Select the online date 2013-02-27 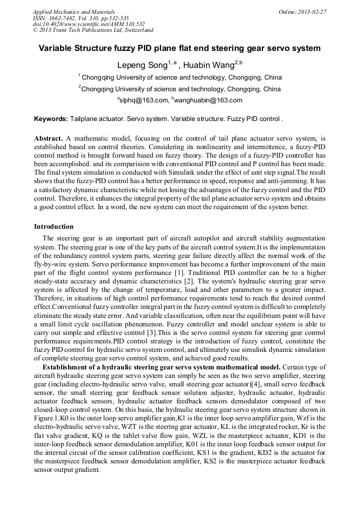click(x=312, y=12)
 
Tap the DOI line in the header click(x=89, y=24)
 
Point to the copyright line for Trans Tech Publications click(x=93, y=30)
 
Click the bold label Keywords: click(x=51, y=119)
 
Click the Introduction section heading click(x=54, y=227)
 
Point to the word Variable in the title click(x=56, y=48)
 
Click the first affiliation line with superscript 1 click(x=179, y=77)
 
